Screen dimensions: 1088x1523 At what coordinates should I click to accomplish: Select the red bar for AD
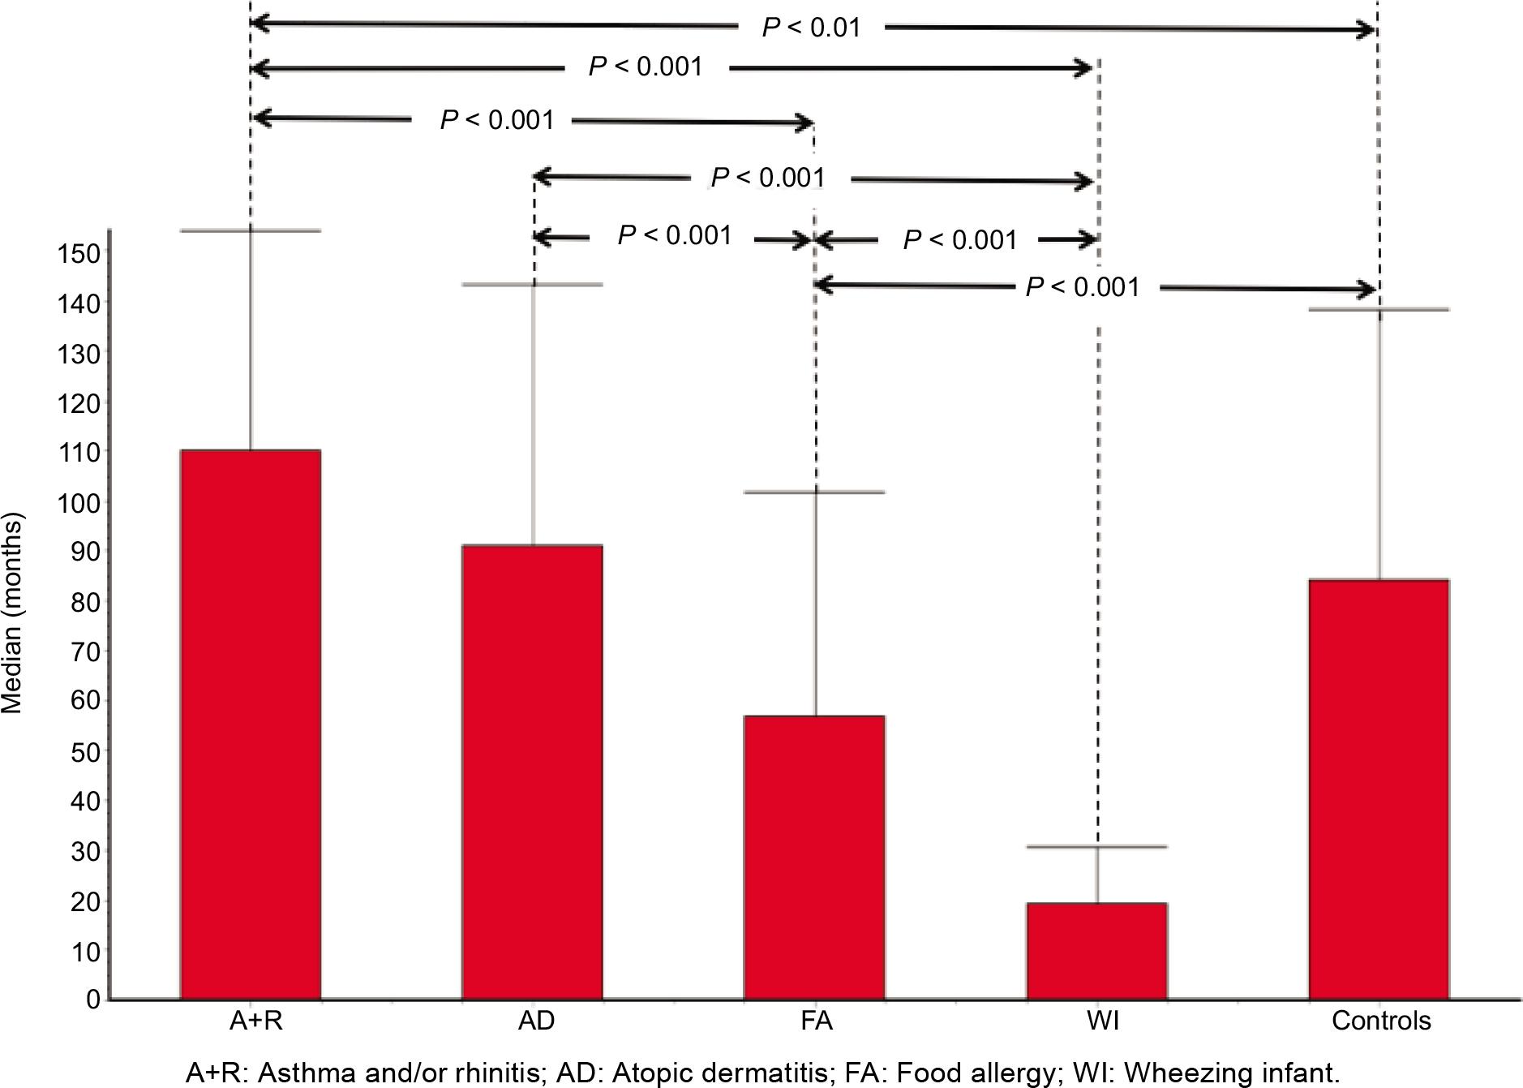(532, 772)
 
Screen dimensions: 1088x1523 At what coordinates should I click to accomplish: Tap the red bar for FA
(814, 857)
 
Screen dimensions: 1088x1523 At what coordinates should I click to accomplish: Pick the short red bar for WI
(1096, 950)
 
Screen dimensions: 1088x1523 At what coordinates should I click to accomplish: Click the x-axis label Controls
(1381, 1020)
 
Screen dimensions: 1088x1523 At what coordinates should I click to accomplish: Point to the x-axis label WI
(1103, 1020)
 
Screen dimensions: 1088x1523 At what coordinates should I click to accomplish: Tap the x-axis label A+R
(256, 1020)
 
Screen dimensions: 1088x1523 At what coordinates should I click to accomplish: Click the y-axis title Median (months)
(12, 613)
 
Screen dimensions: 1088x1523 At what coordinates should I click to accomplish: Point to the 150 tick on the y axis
(78, 253)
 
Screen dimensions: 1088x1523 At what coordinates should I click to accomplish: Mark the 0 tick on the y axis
(93, 1000)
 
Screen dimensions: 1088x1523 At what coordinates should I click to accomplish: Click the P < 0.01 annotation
(811, 28)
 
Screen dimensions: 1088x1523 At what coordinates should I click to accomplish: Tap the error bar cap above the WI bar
(1096, 847)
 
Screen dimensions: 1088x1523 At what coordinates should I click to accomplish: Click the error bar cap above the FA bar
(815, 492)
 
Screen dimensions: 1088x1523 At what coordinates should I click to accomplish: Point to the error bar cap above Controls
(1379, 310)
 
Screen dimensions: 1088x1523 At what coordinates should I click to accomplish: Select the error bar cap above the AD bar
(533, 285)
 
